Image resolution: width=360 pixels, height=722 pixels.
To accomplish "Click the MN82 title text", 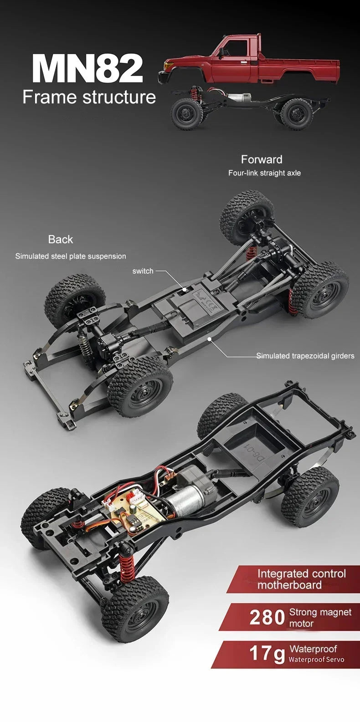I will coord(87,69).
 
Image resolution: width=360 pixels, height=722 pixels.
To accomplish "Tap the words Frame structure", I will coord(89,97).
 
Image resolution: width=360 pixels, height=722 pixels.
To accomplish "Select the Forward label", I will coord(262,159).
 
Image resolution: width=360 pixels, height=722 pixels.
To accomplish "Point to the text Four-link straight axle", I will coord(264,173).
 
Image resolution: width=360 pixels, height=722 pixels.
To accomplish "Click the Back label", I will coord(61,240).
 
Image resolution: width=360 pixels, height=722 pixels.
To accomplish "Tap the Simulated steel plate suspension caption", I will coord(71,256).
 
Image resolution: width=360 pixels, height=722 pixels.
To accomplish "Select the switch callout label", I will coord(143,271).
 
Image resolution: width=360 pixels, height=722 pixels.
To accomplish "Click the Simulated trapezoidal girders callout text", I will coord(305,356).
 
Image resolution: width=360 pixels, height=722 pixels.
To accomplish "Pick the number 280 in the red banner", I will coord(267,618).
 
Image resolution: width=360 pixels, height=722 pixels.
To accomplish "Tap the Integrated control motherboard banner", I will coord(301,579).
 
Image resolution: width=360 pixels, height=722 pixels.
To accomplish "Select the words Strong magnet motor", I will coord(320,618).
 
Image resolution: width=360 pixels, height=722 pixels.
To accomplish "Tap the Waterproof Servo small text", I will coord(316,660).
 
